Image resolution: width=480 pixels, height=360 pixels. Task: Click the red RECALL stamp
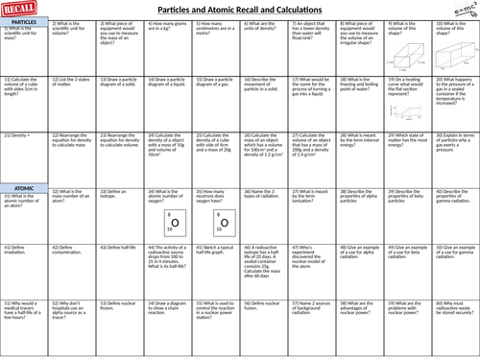[21, 10]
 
